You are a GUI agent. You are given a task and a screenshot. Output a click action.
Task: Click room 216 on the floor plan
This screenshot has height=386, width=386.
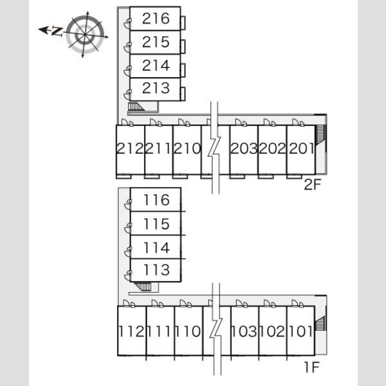click(x=155, y=19)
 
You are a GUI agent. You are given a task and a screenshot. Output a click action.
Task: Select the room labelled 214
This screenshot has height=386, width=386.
click(x=155, y=66)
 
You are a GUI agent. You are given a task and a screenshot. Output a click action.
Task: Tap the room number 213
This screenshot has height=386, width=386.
click(x=155, y=89)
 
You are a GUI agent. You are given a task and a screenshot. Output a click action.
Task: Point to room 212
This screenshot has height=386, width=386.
click(x=130, y=150)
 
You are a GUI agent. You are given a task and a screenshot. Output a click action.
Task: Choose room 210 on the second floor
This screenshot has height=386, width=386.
click(x=187, y=150)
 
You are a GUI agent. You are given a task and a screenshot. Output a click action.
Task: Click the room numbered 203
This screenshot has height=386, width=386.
click(x=244, y=150)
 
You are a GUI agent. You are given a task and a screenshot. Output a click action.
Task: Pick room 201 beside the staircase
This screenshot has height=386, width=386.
click(x=301, y=150)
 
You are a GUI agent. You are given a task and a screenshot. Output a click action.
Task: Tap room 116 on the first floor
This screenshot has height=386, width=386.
click(x=156, y=199)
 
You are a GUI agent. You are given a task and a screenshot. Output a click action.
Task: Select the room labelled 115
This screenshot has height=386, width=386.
click(x=156, y=223)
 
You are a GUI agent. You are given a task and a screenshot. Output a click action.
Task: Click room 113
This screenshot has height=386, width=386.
click(x=156, y=270)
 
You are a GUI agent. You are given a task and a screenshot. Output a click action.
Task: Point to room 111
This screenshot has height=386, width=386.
click(x=160, y=331)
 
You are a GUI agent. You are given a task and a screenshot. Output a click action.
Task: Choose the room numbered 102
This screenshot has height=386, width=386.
click(x=273, y=331)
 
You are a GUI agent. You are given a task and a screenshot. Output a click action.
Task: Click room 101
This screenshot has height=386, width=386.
click(x=301, y=331)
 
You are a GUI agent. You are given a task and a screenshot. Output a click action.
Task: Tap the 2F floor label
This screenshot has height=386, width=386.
click(x=313, y=185)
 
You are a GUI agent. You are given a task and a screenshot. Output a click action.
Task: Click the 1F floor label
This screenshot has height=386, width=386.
click(x=312, y=367)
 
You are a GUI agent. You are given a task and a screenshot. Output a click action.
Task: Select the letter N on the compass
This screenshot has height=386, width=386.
click(x=57, y=32)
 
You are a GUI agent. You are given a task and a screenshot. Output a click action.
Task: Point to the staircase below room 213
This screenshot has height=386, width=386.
click(x=136, y=107)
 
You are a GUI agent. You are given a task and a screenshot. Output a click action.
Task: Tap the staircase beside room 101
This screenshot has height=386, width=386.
click(x=320, y=323)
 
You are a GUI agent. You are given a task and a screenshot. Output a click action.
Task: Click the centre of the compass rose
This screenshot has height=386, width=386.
click(x=85, y=35)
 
